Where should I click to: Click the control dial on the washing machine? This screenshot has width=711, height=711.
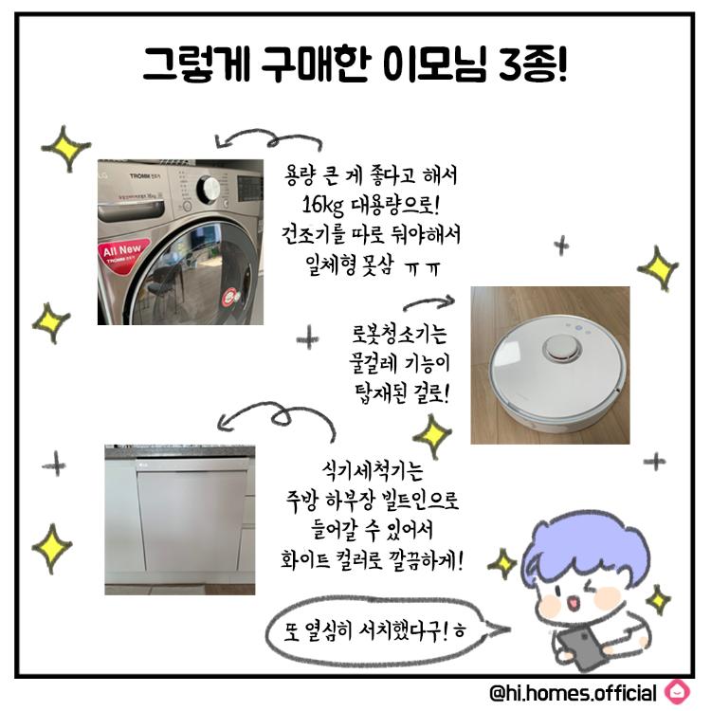[209, 189]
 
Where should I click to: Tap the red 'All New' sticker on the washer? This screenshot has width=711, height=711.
[123, 252]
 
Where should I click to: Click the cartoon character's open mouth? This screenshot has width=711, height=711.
[574, 602]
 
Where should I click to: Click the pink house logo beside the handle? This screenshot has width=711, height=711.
[677, 692]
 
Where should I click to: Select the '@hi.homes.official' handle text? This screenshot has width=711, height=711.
[573, 693]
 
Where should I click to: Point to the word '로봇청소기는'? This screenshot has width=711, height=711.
[399, 334]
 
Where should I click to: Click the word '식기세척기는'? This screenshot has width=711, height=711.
[373, 470]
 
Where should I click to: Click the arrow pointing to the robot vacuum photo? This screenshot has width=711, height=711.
[428, 302]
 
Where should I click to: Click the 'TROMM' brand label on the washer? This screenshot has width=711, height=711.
[139, 176]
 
